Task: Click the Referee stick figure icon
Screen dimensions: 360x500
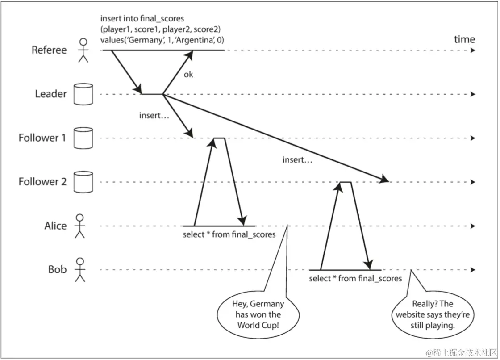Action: [83, 50]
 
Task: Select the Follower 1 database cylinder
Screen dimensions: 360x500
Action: [83, 138]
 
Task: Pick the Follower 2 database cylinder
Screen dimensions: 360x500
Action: [83, 182]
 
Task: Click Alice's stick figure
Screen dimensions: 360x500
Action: [79, 226]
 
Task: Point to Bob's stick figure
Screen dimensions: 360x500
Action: [80, 269]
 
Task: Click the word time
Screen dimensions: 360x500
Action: [464, 39]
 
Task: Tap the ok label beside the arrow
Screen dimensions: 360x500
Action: [188, 75]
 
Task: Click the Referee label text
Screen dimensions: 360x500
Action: [49, 50]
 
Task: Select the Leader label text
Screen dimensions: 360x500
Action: [51, 94]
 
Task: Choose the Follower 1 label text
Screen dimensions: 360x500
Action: [42, 138]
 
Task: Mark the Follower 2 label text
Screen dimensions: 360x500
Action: [42, 182]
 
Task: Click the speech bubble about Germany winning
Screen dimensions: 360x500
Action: [258, 314]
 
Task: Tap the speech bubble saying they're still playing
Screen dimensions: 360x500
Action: [432, 314]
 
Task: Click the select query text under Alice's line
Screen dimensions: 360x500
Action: [229, 234]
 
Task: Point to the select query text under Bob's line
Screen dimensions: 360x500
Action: [355, 279]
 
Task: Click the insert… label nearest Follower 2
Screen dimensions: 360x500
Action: [297, 159]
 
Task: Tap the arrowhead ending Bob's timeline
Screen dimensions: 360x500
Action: [473, 270]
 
